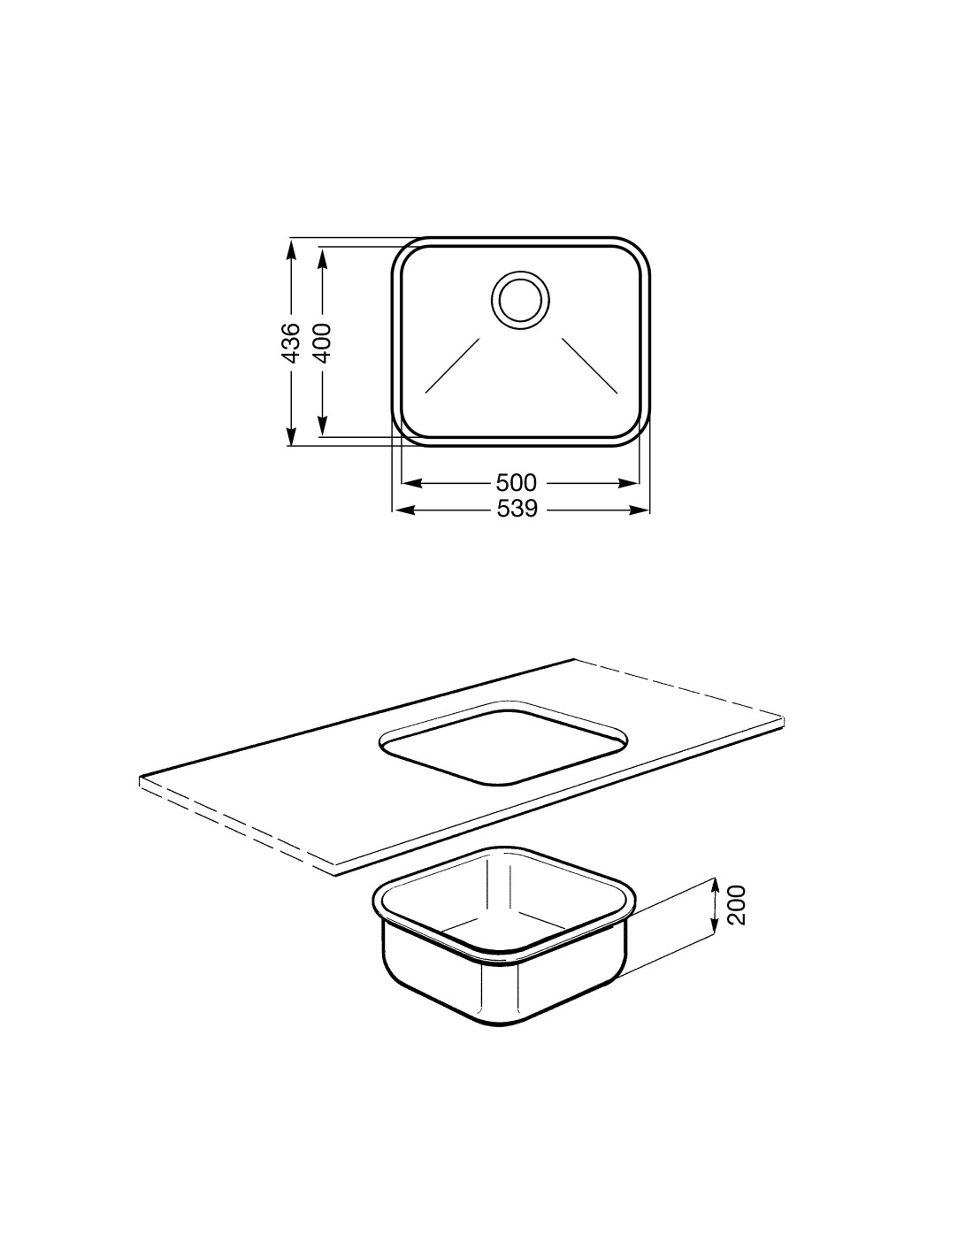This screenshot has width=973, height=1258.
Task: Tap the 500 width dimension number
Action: tap(517, 481)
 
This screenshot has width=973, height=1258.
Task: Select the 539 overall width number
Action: tap(517, 509)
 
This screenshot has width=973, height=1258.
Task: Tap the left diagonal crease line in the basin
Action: tap(453, 364)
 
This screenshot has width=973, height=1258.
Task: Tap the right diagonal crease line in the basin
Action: tap(590, 364)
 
